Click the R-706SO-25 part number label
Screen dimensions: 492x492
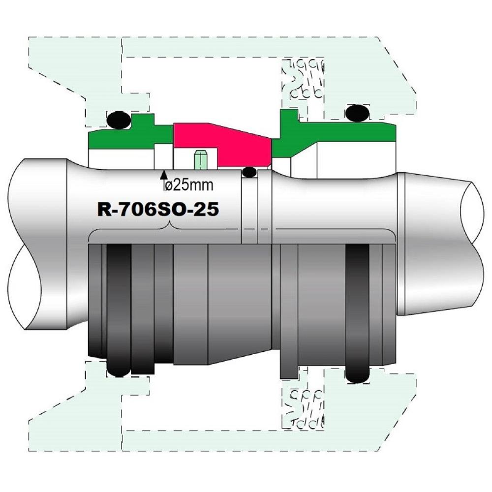(x=158, y=209)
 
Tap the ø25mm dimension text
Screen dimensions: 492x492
(x=188, y=185)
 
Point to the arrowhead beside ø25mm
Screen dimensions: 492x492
(x=163, y=175)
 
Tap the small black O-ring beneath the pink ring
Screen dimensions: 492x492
(x=250, y=172)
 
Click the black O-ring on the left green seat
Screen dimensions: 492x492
(x=119, y=120)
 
